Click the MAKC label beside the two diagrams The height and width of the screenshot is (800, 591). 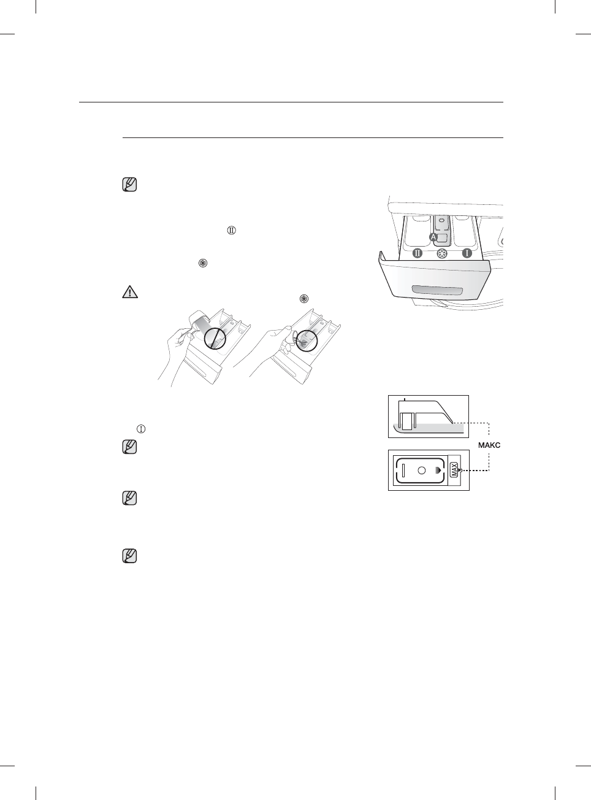click(x=489, y=445)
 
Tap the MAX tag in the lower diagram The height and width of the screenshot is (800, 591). click(x=454, y=471)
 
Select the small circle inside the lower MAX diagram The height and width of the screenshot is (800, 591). click(x=421, y=471)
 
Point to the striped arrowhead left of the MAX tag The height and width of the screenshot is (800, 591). click(x=437, y=471)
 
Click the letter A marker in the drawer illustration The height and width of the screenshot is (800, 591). click(x=433, y=237)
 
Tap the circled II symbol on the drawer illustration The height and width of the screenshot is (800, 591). click(x=418, y=253)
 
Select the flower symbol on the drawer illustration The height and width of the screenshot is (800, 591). click(x=442, y=253)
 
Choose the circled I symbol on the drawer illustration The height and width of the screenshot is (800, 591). click(x=467, y=253)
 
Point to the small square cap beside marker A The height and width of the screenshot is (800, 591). click(x=444, y=236)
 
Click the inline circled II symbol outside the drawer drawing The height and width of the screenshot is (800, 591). click(x=232, y=231)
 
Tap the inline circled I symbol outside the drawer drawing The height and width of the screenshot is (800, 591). click(x=142, y=429)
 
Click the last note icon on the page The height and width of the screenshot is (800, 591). click(x=130, y=556)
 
